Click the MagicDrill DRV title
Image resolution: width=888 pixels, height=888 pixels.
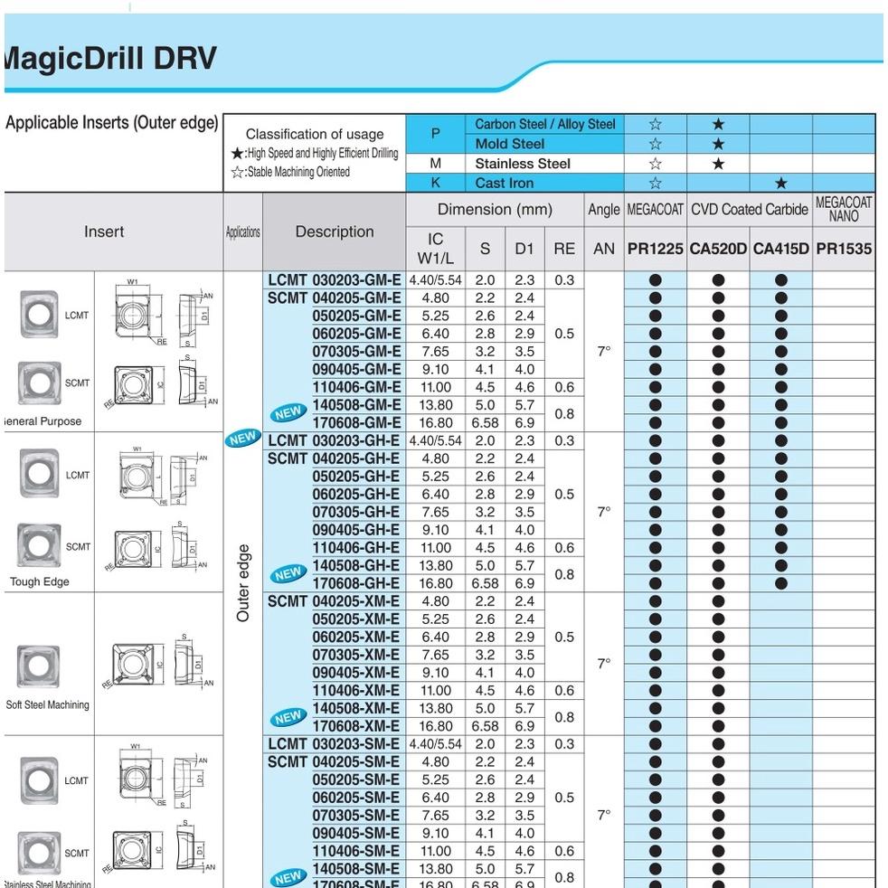tap(110, 59)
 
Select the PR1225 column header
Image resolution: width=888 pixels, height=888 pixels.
tap(655, 249)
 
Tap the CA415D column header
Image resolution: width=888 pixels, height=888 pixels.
tap(780, 249)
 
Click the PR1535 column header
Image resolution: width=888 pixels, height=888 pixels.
tap(844, 249)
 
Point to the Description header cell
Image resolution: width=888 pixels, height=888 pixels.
tap(334, 231)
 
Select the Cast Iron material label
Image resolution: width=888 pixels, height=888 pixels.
tap(505, 183)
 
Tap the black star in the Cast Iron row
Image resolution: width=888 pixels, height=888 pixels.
tap(780, 183)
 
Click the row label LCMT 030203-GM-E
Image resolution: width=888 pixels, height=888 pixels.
tap(334, 280)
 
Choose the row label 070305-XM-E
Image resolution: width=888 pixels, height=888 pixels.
tap(355, 655)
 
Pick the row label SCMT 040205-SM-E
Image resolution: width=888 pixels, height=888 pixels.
tap(334, 762)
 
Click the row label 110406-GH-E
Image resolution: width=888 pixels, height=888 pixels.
tap(355, 548)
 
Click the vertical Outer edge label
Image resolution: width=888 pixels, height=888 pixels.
tap(243, 583)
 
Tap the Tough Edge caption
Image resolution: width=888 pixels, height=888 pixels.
tap(39, 582)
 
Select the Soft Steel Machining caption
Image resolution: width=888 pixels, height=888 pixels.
tap(47, 705)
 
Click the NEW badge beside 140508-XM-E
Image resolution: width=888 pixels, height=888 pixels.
tap(288, 717)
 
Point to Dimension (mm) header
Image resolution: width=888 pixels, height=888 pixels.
tap(495, 210)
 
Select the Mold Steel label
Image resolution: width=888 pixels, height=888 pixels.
tap(510, 144)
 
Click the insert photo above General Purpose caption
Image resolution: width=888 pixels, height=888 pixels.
tap(39, 383)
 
